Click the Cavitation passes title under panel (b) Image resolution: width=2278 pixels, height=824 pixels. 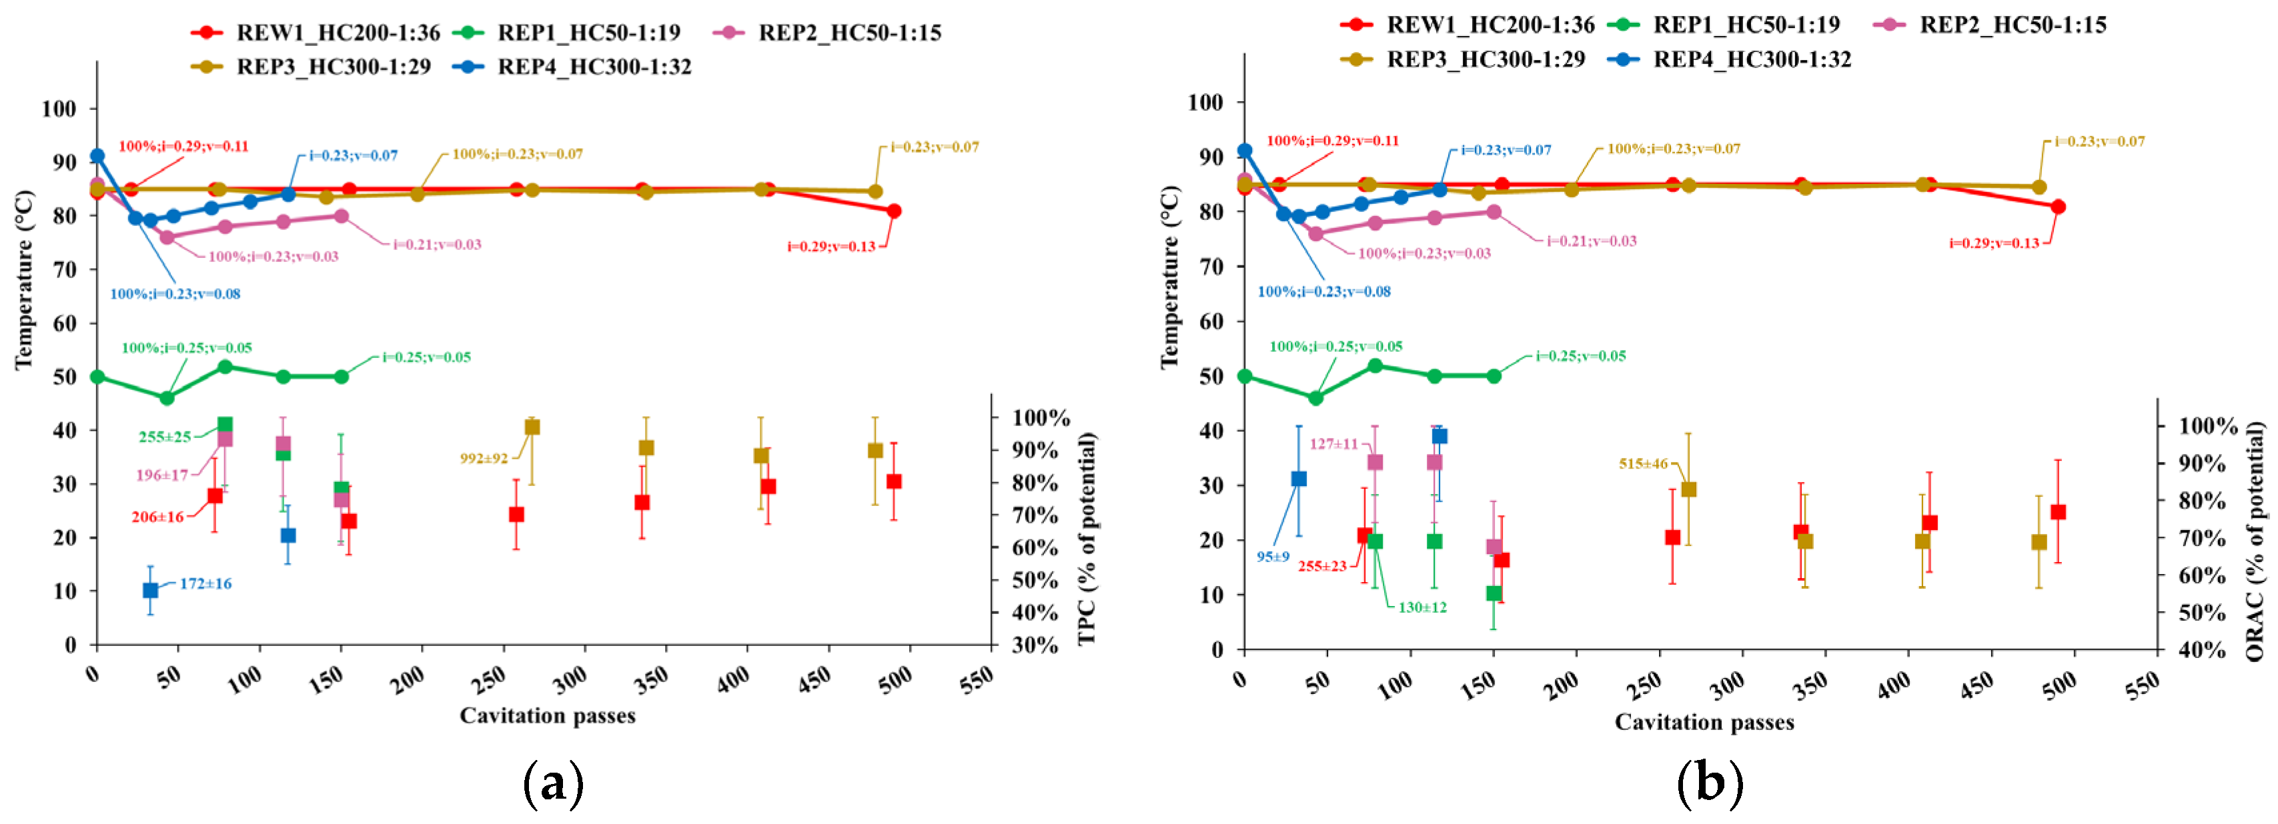point(1704,722)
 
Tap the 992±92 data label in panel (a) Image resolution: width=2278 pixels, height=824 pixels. point(484,458)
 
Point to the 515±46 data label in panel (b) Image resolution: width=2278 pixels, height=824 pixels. point(1643,463)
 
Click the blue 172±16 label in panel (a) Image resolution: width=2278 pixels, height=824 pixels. point(205,583)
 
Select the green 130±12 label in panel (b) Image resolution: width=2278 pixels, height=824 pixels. point(1422,607)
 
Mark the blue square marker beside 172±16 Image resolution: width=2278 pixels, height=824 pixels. point(150,590)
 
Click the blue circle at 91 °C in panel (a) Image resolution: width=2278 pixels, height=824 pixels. point(97,155)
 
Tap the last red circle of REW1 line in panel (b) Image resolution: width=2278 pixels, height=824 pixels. point(2058,207)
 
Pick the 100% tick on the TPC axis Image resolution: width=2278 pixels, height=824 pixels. point(1041,417)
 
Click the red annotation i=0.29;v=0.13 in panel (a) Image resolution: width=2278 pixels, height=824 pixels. point(831,246)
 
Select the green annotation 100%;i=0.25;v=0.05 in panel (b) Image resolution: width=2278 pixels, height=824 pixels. point(1335,347)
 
